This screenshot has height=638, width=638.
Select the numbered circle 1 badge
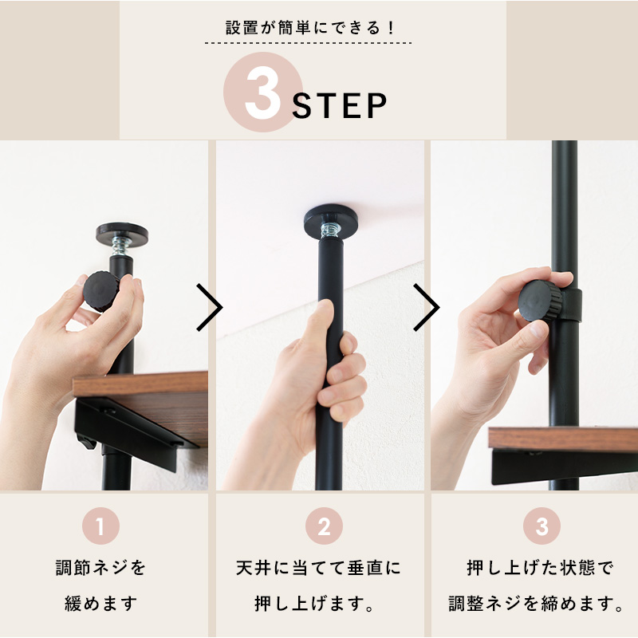pos(100,527)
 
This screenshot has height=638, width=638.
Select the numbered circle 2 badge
pos(324,527)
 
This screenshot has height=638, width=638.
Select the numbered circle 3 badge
pos(542,527)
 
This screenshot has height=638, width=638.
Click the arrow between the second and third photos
pos(427,307)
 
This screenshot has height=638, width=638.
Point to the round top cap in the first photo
pos(121,233)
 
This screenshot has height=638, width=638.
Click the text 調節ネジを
pos(100,569)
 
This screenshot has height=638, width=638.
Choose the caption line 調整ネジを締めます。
pos(536,602)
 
